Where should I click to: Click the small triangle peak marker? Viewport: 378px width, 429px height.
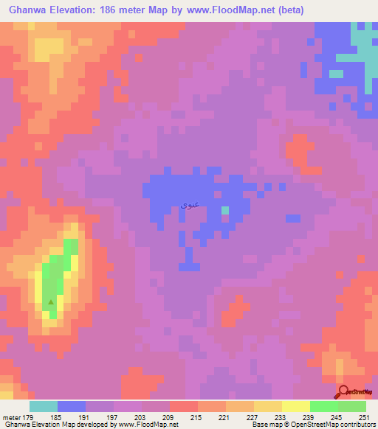pos(51,301)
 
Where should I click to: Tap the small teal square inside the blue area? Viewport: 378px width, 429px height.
pos(225,212)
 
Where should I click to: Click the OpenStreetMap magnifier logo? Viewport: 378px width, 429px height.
pos(345,391)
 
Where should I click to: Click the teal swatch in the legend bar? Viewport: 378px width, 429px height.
pos(44,406)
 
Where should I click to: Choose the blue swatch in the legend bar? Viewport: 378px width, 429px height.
pos(72,406)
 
